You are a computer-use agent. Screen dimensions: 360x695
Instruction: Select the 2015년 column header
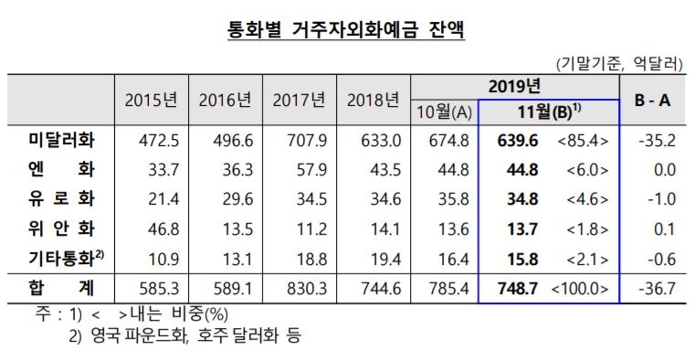pyautogui.click(x=150, y=100)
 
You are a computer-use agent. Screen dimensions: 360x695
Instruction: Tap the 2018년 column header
pyautogui.click(x=374, y=100)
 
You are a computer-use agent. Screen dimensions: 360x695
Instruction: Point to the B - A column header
pyautogui.click(x=652, y=100)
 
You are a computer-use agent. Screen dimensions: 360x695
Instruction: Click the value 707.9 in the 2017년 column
pyautogui.click(x=299, y=142)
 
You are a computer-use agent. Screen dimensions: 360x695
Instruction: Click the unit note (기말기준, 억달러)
pyautogui.click(x=618, y=64)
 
